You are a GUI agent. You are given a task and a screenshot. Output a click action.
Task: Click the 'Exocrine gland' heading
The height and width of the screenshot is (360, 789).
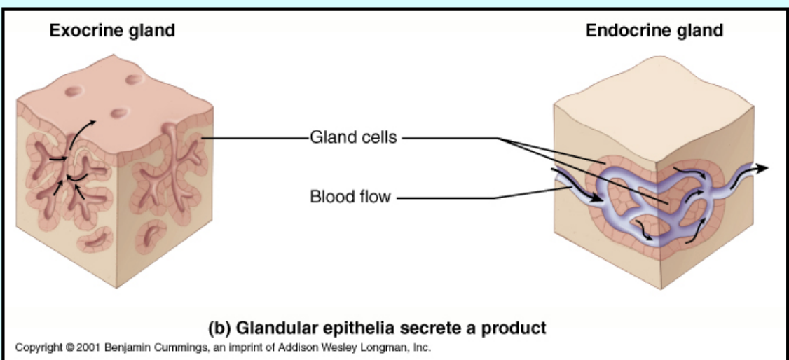pos(112,31)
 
